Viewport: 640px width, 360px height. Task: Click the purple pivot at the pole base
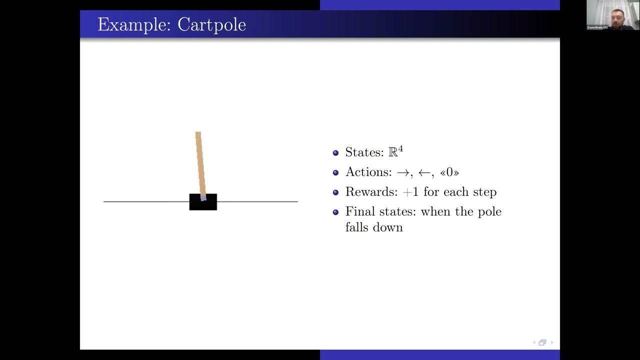point(203,198)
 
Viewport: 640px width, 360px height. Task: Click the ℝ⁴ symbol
point(395,151)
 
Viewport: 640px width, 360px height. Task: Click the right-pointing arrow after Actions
point(403,172)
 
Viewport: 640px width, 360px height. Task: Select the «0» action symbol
point(449,172)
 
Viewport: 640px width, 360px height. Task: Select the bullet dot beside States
point(335,152)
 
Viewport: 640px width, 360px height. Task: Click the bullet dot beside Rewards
point(335,192)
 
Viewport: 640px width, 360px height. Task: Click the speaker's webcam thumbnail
point(613,15)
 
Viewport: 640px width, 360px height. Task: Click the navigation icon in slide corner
point(542,342)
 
